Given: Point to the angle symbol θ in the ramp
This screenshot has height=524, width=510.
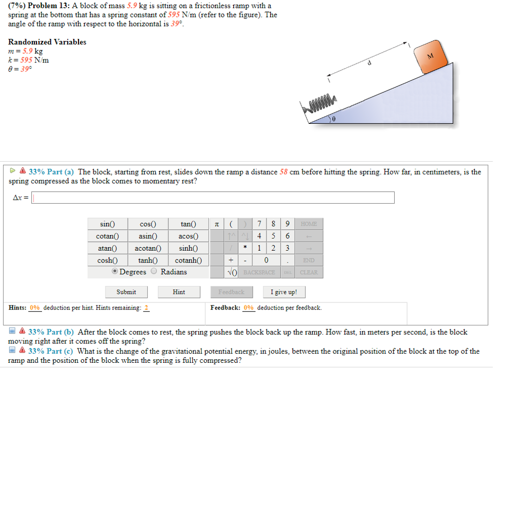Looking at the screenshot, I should coord(334,119).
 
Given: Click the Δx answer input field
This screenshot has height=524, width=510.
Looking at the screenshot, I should coord(213,198).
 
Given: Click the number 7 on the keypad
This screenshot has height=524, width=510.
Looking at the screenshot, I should coord(260,224).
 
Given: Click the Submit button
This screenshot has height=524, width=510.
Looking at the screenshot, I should coord(126,292).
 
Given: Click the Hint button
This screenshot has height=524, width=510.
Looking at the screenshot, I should coord(179,292).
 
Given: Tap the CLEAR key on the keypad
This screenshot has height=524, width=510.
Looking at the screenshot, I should coord(309,272).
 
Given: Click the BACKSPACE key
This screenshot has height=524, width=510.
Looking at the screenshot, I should coord(259,272).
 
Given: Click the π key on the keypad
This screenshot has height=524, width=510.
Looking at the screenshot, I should coord(216,224).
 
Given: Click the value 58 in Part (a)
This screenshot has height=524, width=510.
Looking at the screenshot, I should coord(283,172).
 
